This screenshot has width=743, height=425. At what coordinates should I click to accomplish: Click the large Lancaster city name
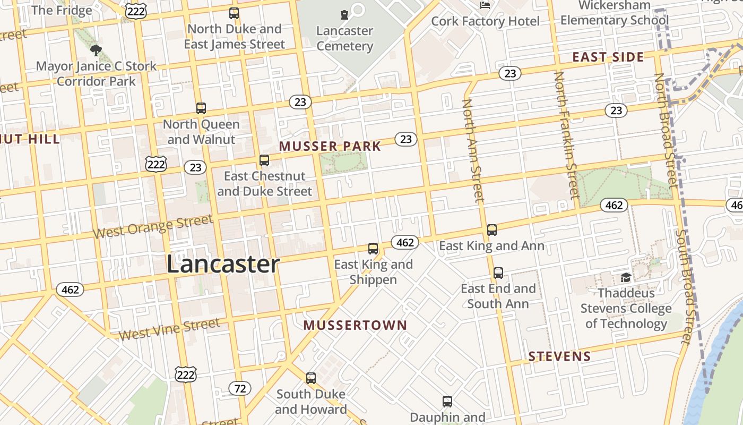[x=223, y=264]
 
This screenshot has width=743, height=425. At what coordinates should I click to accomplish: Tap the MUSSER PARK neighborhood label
[x=330, y=146]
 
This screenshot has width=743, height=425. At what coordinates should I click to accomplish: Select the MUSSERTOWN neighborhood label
[x=355, y=325]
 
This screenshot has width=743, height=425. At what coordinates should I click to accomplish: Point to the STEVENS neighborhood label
[x=560, y=356]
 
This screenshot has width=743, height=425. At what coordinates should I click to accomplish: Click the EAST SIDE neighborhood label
[x=608, y=57]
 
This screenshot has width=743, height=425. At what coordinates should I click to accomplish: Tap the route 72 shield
[x=240, y=388]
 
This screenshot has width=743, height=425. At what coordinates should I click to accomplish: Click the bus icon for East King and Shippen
[x=373, y=248]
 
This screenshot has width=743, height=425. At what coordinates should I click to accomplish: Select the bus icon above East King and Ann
[x=492, y=230]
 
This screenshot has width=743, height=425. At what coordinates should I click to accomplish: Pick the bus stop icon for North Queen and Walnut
[x=201, y=108]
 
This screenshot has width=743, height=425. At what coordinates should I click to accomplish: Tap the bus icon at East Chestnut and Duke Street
[x=264, y=160]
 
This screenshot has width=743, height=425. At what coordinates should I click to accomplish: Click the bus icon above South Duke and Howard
[x=311, y=378]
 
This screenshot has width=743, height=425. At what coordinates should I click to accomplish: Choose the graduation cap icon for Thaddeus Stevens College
[x=626, y=278]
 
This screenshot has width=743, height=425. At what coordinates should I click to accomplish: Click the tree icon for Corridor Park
[x=96, y=50]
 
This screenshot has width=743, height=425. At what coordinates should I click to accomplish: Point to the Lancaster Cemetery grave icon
[x=344, y=14]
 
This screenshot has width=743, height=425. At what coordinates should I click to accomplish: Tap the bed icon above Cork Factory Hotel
[x=485, y=5]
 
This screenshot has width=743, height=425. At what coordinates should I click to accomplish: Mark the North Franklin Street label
[x=566, y=135]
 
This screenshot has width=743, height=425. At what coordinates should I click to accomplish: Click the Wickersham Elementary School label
[x=614, y=13]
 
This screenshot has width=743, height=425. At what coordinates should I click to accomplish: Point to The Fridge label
[x=62, y=10]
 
